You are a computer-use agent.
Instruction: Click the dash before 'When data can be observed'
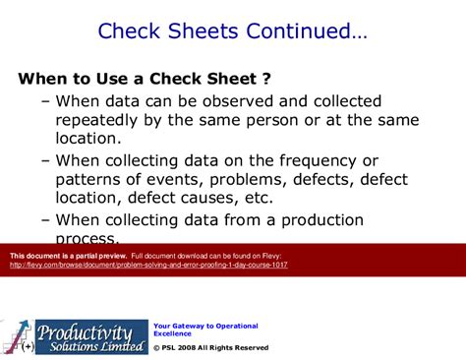click(46, 100)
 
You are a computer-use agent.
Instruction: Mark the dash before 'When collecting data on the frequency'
click(46, 160)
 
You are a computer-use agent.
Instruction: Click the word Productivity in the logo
click(90, 307)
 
